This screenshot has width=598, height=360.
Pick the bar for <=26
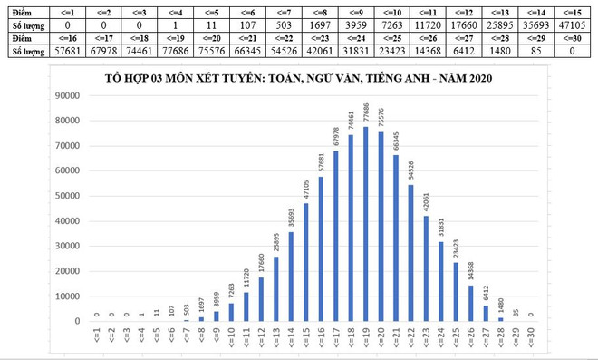click(470, 304)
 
